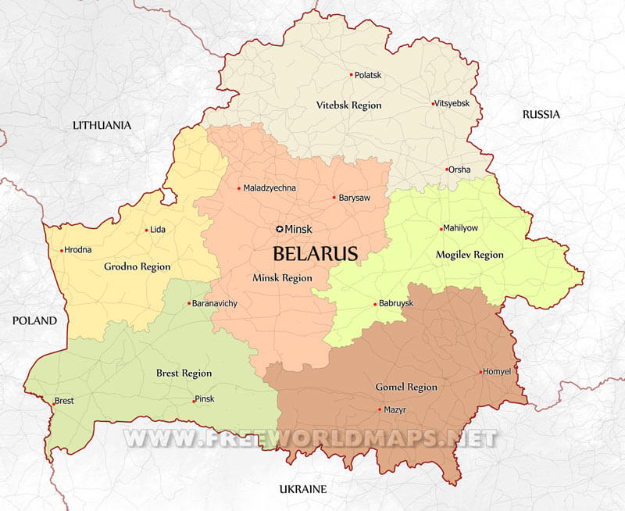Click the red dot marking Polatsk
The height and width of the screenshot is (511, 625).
point(351,75)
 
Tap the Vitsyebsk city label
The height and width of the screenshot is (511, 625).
point(454,103)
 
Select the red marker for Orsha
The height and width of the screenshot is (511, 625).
point(447,170)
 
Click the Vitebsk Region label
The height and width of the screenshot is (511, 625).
point(348,105)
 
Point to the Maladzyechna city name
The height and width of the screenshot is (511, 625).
point(270,188)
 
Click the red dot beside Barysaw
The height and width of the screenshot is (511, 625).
point(334,198)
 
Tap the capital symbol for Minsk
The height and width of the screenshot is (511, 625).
point(280,228)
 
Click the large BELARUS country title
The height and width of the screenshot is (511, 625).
point(315,253)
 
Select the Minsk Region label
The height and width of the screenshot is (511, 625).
point(282,278)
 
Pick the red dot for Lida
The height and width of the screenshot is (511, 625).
point(146,230)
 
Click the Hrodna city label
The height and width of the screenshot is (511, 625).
point(78,250)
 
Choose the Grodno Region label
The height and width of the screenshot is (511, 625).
point(137,266)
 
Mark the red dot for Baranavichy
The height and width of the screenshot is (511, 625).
point(188,303)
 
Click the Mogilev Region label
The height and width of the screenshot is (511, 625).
point(469,255)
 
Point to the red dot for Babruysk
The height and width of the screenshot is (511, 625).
point(375,304)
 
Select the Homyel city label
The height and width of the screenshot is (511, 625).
point(498,372)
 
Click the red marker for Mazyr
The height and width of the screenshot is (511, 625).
point(380,409)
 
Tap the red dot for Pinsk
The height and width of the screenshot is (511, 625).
point(193,401)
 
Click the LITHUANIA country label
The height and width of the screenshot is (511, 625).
point(102,125)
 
